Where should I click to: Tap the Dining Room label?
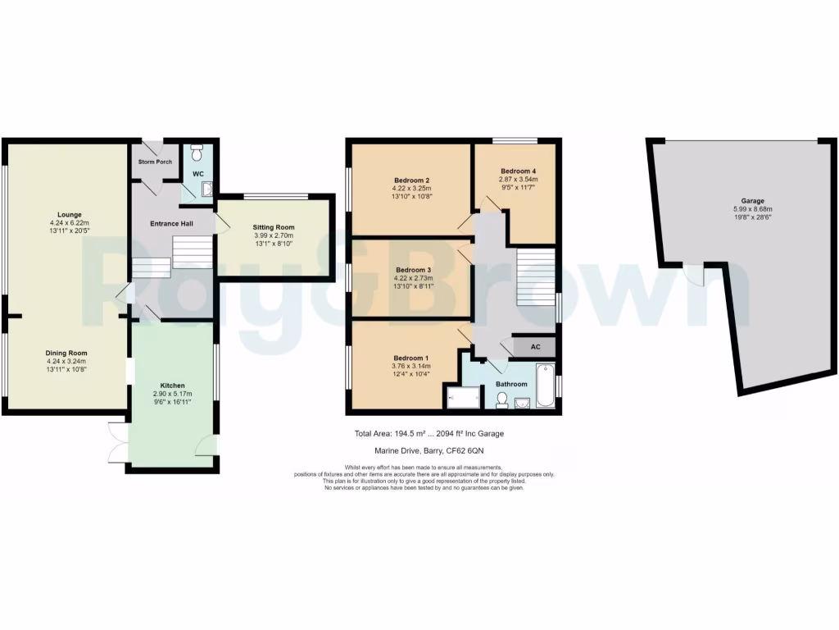tap(66, 353)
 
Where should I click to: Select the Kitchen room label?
tap(172, 386)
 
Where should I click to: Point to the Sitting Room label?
tap(274, 227)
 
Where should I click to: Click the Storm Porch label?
tap(155, 162)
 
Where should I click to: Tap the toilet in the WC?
tap(196, 153)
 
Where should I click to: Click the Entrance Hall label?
tap(170, 224)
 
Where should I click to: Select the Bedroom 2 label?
tap(412, 180)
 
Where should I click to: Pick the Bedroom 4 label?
tap(519, 171)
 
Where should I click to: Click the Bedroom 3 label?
tap(413, 270)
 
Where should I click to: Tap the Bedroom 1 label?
tap(411, 358)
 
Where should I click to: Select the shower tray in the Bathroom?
tap(465, 399)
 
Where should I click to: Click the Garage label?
tap(752, 201)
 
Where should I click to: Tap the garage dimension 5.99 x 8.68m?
tap(752, 210)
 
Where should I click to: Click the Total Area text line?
tap(434, 433)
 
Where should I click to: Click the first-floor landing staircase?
tap(536, 277)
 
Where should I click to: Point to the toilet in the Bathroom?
tap(502, 399)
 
